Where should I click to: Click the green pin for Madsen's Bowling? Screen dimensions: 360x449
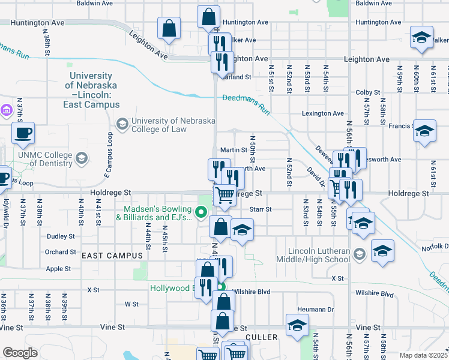(x=202, y=211)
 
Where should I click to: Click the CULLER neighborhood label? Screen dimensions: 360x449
(x=262, y=337)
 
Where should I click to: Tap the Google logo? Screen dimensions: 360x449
(x=20, y=353)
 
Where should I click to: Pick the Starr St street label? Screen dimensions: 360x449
(x=261, y=209)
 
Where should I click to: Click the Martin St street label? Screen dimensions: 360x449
(x=234, y=150)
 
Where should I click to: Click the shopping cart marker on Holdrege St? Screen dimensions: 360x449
(x=224, y=194)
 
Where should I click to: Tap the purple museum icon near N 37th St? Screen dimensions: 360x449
(x=7, y=110)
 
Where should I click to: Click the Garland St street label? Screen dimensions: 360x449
(x=237, y=77)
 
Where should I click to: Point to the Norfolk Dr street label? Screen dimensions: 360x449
(x=435, y=247)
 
